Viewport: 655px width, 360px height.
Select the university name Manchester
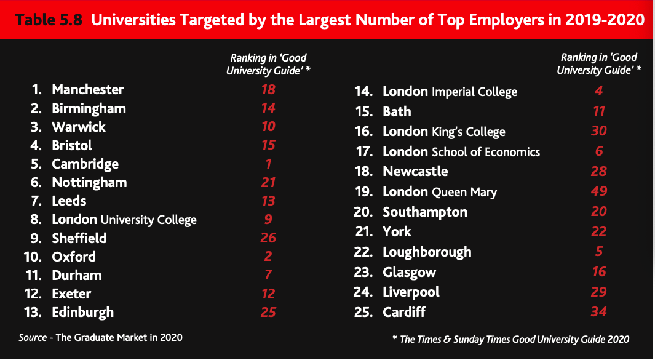click(88, 90)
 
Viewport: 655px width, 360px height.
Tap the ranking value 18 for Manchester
click(268, 90)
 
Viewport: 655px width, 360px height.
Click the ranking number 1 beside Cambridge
click(268, 164)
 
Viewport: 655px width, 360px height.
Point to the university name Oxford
click(74, 257)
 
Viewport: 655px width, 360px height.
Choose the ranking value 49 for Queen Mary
click(598, 191)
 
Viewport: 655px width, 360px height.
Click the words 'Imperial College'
click(474, 92)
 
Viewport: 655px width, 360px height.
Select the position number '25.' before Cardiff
click(363, 311)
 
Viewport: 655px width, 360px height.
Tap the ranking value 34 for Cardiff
click(598, 311)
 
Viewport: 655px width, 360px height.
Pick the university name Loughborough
click(427, 252)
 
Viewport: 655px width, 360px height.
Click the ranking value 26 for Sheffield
click(268, 238)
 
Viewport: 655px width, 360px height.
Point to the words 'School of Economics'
click(486, 152)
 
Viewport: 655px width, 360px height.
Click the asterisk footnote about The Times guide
click(510, 339)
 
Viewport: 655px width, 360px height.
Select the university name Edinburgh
click(83, 313)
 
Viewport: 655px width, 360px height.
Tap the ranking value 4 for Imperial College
click(598, 92)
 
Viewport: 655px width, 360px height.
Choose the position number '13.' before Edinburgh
click(33, 313)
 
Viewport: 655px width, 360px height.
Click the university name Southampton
click(425, 212)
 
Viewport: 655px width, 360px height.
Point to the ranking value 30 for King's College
click(598, 131)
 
